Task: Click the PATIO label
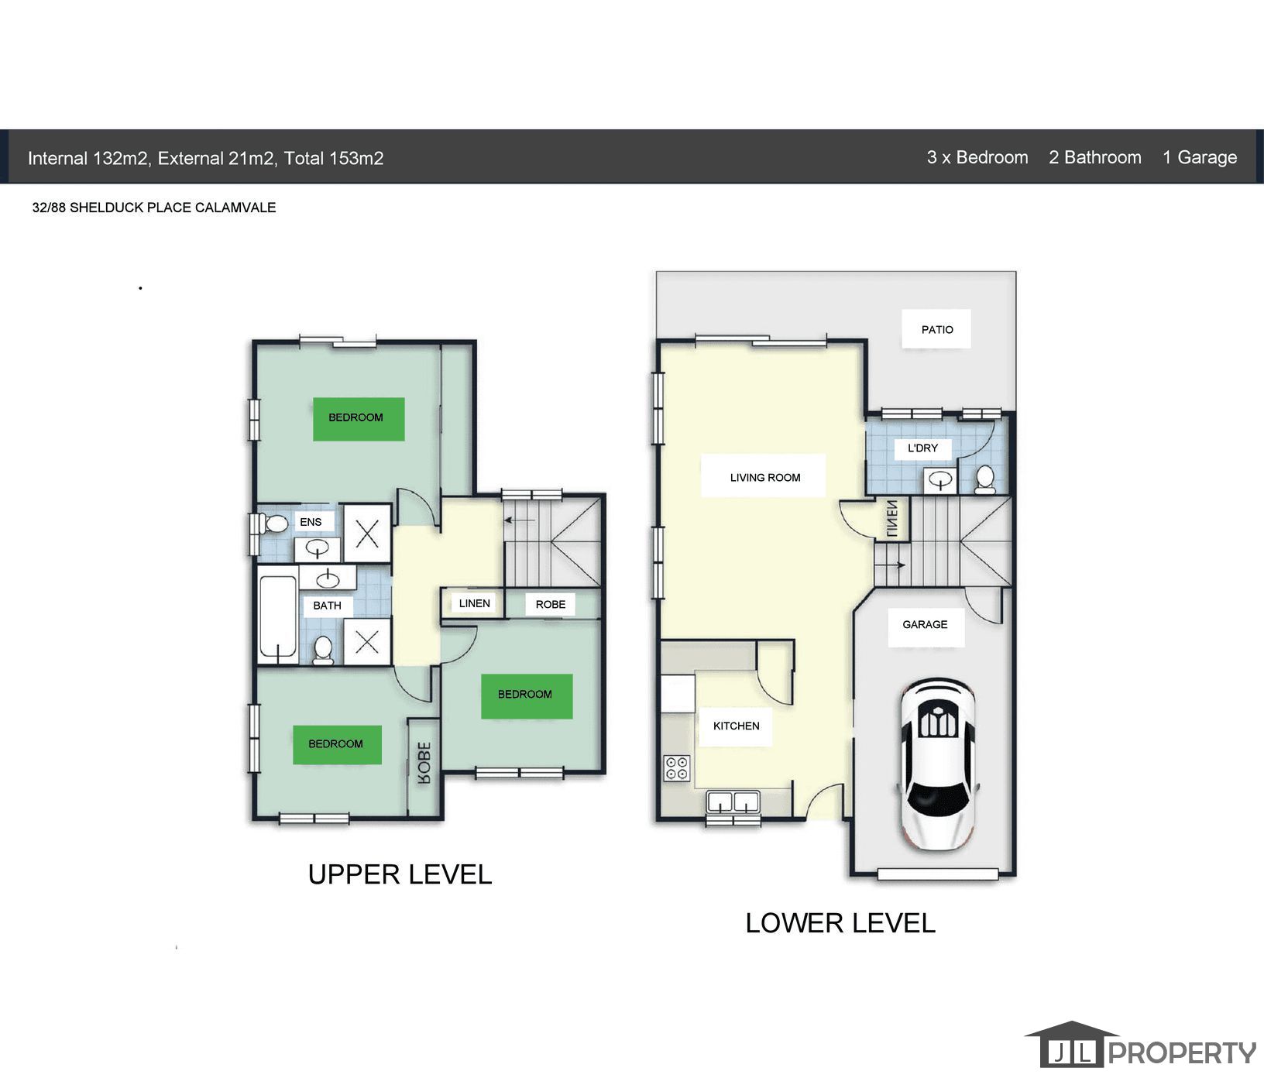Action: pyautogui.click(x=936, y=329)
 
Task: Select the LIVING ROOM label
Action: pyautogui.click(x=764, y=477)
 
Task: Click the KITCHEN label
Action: pyautogui.click(x=736, y=726)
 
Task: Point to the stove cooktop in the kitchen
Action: pyautogui.click(x=676, y=768)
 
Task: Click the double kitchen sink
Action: pyautogui.click(x=733, y=801)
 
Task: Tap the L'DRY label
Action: pyautogui.click(x=922, y=448)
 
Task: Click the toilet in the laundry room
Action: pyautogui.click(x=985, y=479)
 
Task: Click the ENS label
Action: pyautogui.click(x=311, y=522)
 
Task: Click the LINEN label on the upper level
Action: pyautogui.click(x=474, y=603)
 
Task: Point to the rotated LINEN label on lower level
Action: pyautogui.click(x=891, y=519)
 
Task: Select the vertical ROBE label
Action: pyautogui.click(x=424, y=764)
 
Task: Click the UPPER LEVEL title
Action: pyautogui.click(x=400, y=874)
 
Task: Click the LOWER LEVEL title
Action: pyautogui.click(x=840, y=923)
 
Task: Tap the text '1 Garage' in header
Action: pyautogui.click(x=1199, y=157)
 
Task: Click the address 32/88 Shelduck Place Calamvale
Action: pyautogui.click(x=154, y=208)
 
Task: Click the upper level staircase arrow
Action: pyautogui.click(x=520, y=520)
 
